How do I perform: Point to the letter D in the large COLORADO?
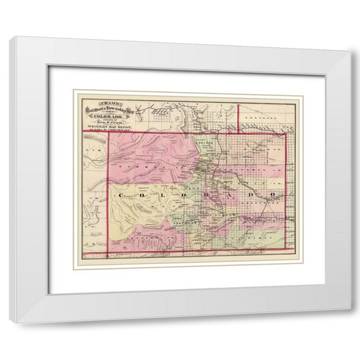tap(253, 195)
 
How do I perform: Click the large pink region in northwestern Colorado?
tap(149, 155)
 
